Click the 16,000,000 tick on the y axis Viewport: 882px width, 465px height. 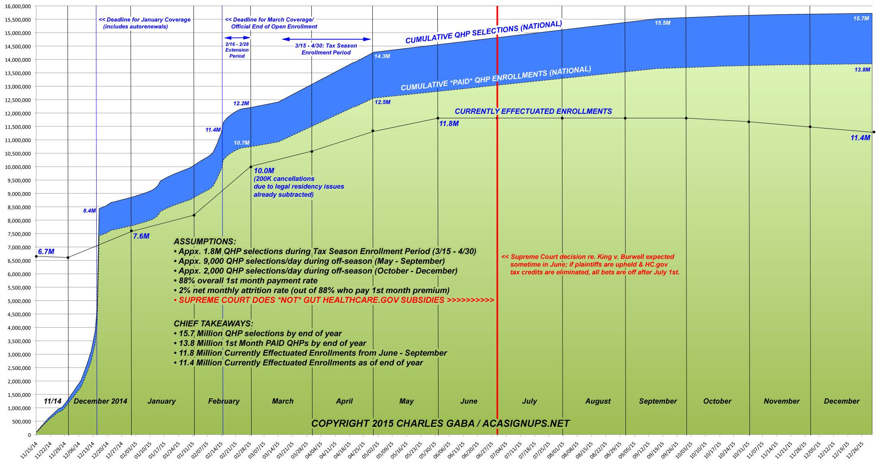17,6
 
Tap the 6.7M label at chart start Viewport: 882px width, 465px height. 46,252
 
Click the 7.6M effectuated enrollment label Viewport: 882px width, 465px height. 141,236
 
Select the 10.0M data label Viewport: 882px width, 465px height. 264,171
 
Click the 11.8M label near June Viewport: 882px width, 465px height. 449,124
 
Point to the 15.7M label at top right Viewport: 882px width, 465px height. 861,18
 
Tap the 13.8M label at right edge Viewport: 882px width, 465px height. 862,70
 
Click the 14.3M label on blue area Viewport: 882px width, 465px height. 382,56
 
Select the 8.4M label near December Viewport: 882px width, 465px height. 89,211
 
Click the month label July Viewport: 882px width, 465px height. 529,401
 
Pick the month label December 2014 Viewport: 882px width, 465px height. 100,401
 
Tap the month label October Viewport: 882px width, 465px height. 717,401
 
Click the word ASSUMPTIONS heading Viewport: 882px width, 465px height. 204,241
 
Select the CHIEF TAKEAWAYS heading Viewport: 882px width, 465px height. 213,324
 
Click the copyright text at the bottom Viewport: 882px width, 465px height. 440,424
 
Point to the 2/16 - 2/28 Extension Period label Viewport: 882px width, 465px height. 237,50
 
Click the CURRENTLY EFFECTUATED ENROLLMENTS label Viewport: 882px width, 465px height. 533,111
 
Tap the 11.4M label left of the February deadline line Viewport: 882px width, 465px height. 213,130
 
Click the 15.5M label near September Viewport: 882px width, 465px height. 663,23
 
